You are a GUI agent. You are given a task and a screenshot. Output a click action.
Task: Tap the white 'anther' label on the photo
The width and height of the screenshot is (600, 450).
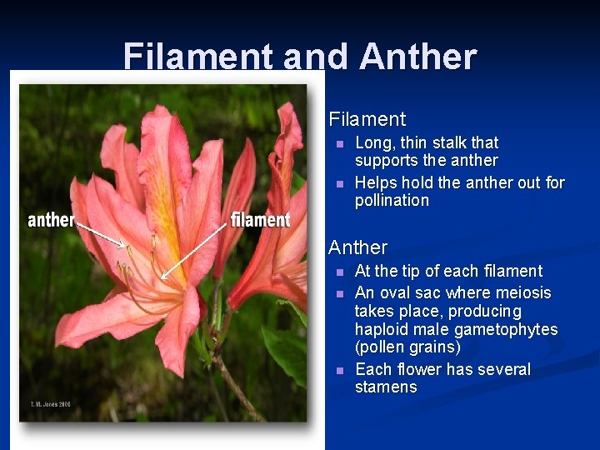[x=51, y=220]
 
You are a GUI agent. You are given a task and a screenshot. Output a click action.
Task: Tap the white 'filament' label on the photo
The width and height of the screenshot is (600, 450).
[x=260, y=220]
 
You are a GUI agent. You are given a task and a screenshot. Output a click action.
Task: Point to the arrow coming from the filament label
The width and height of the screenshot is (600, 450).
[x=195, y=251]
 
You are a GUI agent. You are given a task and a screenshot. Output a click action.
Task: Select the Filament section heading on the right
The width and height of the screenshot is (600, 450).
[x=367, y=119]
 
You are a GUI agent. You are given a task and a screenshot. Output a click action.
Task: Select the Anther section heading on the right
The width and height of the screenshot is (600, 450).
[x=357, y=247]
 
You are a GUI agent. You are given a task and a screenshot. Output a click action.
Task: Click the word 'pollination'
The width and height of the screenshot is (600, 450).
[x=392, y=201]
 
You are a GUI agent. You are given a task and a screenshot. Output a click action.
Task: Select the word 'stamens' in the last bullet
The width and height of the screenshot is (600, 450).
[x=386, y=387]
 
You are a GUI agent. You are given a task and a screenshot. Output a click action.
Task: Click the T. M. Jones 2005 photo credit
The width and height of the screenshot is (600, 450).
[x=46, y=404]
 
